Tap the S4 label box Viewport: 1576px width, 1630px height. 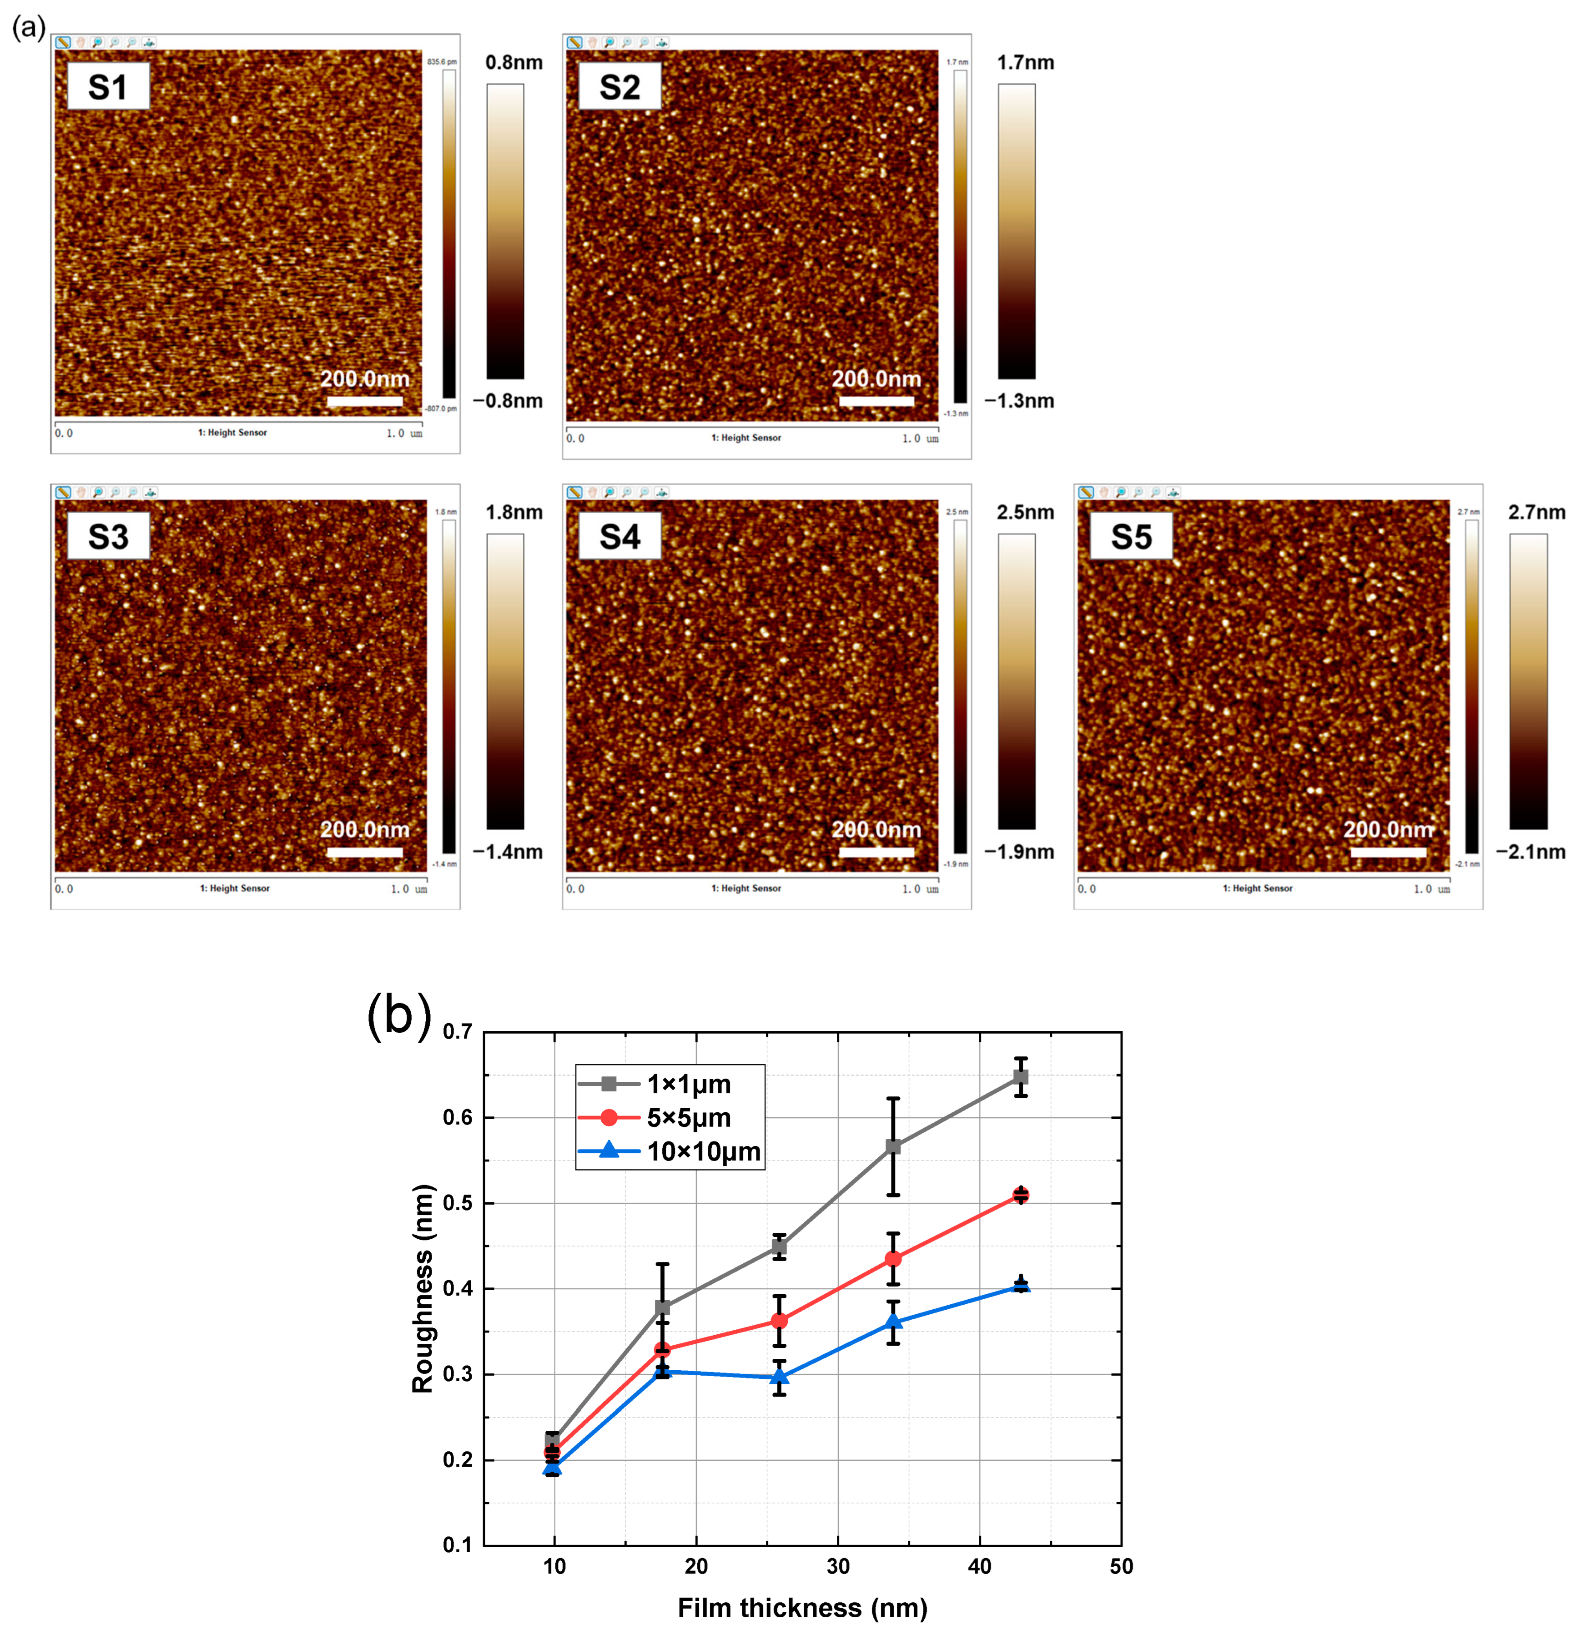[619, 536]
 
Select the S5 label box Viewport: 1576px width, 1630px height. [1131, 536]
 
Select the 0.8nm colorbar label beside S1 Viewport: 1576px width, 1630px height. [514, 62]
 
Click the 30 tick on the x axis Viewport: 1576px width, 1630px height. [837, 1566]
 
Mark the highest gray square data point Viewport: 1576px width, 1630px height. [1021, 1077]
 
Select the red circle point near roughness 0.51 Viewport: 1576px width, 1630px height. [1021, 1195]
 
